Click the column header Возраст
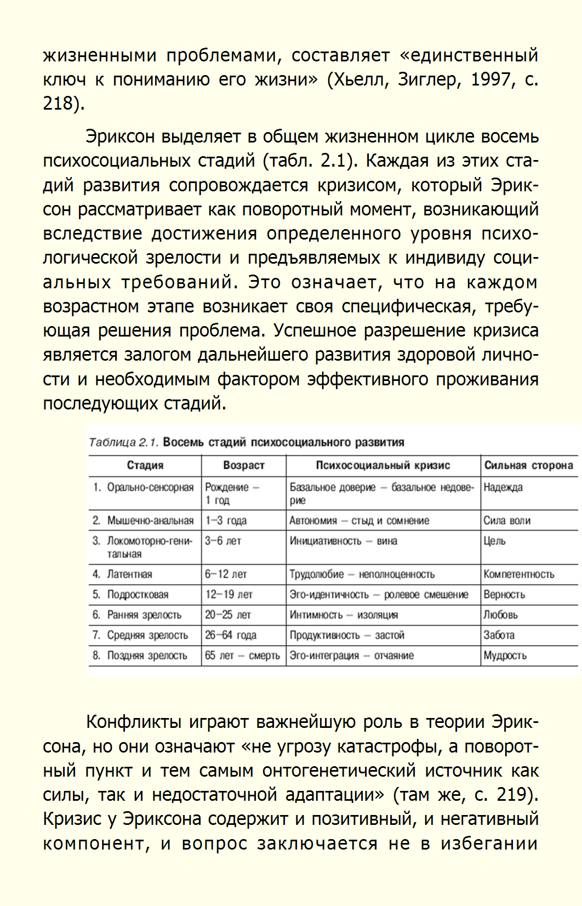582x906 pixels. tap(243, 465)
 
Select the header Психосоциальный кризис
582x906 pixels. tap(383, 465)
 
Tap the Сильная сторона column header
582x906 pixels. tap(528, 465)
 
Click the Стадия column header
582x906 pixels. tap(145, 465)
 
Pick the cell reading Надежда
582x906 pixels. tap(503, 487)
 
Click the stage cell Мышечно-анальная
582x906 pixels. tap(150, 520)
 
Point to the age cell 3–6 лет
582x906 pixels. tap(223, 541)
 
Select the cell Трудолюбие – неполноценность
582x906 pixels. tap(362, 574)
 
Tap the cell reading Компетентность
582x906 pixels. tap(518, 574)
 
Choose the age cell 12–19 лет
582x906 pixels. tap(229, 595)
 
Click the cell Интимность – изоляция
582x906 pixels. tap(344, 615)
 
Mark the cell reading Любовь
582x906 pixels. tap(500, 615)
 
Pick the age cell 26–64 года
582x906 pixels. tap(231, 635)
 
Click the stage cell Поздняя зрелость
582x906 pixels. tap(147, 656)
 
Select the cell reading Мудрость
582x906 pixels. tap(505, 656)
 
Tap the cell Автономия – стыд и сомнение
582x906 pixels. tap(359, 521)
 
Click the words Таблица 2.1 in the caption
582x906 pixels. tap(123, 442)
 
